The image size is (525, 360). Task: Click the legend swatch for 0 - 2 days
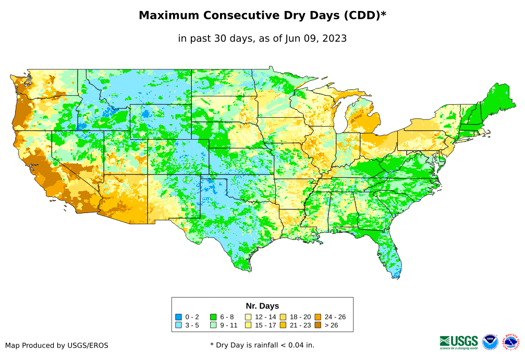click(x=179, y=317)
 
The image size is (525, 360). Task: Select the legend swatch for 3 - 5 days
click(x=179, y=325)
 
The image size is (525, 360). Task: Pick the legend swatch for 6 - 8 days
click(x=213, y=317)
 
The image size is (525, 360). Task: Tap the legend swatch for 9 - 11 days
click(x=213, y=325)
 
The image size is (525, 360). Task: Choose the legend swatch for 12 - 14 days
click(x=248, y=317)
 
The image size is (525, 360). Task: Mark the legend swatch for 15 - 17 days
click(x=248, y=325)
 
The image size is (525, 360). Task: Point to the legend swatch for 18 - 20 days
click(x=283, y=317)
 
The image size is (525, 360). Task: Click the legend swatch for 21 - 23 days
click(x=283, y=325)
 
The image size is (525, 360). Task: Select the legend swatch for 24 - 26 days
click(x=318, y=317)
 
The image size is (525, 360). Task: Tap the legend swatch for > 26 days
click(x=318, y=325)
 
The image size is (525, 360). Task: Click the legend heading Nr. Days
click(x=262, y=306)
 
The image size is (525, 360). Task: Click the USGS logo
click(x=459, y=342)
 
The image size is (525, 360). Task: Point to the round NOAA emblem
click(x=490, y=342)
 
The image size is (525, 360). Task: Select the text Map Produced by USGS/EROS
click(x=57, y=345)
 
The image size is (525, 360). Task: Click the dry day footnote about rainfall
click(x=262, y=345)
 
